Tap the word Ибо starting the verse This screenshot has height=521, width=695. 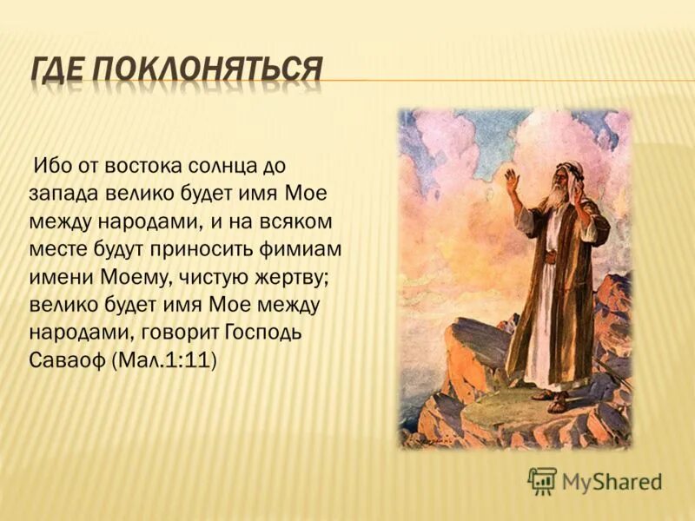[50, 164]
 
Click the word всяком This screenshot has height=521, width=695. [295, 221]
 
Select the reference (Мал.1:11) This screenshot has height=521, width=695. [164, 362]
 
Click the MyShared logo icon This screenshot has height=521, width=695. [542, 480]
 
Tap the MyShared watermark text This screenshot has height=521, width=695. [612, 481]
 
